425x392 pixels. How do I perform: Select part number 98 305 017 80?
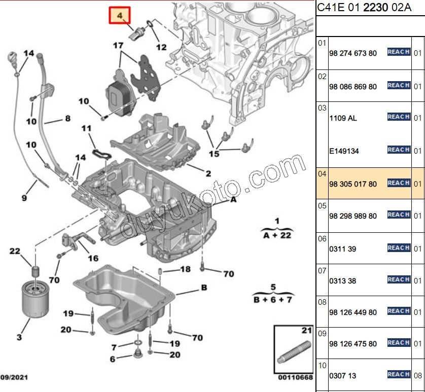(x=353, y=184)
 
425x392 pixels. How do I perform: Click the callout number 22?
(x=15, y=252)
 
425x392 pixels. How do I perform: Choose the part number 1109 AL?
(x=343, y=118)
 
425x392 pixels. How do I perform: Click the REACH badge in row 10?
(x=399, y=374)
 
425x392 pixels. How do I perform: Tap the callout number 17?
(x=118, y=46)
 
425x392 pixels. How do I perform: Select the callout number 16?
(x=93, y=258)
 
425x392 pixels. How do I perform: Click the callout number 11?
(x=87, y=128)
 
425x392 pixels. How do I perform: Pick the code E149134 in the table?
(x=344, y=151)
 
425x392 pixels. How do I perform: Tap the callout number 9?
(x=24, y=198)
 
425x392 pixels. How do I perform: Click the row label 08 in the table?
(x=322, y=303)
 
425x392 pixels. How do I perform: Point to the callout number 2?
(x=208, y=173)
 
